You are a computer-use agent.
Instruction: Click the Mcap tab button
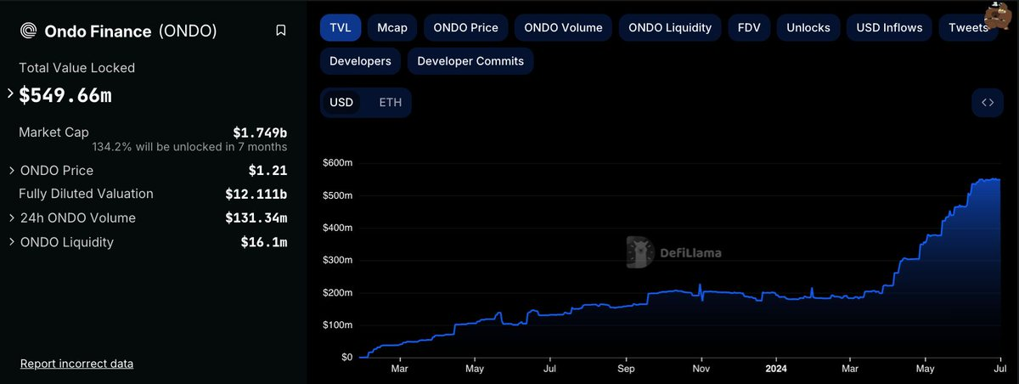pyautogui.click(x=392, y=27)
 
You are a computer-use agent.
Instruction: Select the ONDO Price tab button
pyautogui.click(x=466, y=27)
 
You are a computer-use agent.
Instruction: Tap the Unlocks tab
pyautogui.click(x=808, y=27)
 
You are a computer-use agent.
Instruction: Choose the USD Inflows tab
pyautogui.click(x=889, y=27)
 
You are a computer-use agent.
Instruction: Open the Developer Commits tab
pyautogui.click(x=470, y=61)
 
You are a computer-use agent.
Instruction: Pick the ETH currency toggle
pyautogui.click(x=391, y=103)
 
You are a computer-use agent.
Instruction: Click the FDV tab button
pyautogui.click(x=749, y=27)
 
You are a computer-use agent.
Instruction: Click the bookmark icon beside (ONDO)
pyautogui.click(x=281, y=31)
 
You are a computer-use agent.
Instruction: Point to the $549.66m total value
pyautogui.click(x=65, y=95)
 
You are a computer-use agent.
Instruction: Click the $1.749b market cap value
pyautogui.click(x=260, y=133)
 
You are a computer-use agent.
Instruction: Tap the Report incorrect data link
pyautogui.click(x=76, y=364)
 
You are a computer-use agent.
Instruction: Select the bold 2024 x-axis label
pyautogui.click(x=776, y=369)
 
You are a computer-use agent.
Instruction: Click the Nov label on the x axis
pyautogui.click(x=701, y=369)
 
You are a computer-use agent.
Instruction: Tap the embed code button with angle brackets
pyautogui.click(x=988, y=103)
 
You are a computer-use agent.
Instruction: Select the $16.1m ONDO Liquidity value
pyautogui.click(x=264, y=242)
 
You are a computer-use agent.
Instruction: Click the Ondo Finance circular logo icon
pyautogui.click(x=28, y=31)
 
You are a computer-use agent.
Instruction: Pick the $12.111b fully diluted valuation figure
pyautogui.click(x=256, y=194)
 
